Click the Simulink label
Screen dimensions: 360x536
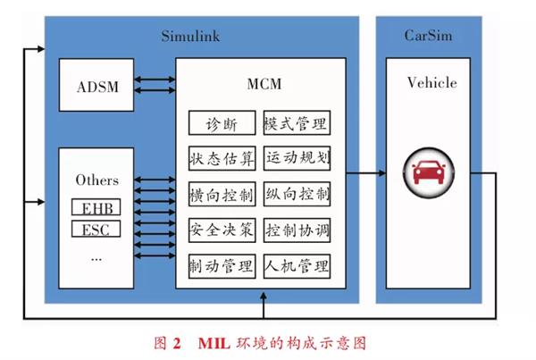[190, 37]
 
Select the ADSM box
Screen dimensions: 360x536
[96, 86]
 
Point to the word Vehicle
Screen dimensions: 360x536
[431, 83]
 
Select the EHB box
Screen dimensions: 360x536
[96, 208]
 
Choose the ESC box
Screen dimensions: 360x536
[96, 230]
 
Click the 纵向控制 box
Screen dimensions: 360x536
[297, 195]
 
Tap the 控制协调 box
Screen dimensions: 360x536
[297, 230]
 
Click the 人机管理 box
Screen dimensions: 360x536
[297, 266]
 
